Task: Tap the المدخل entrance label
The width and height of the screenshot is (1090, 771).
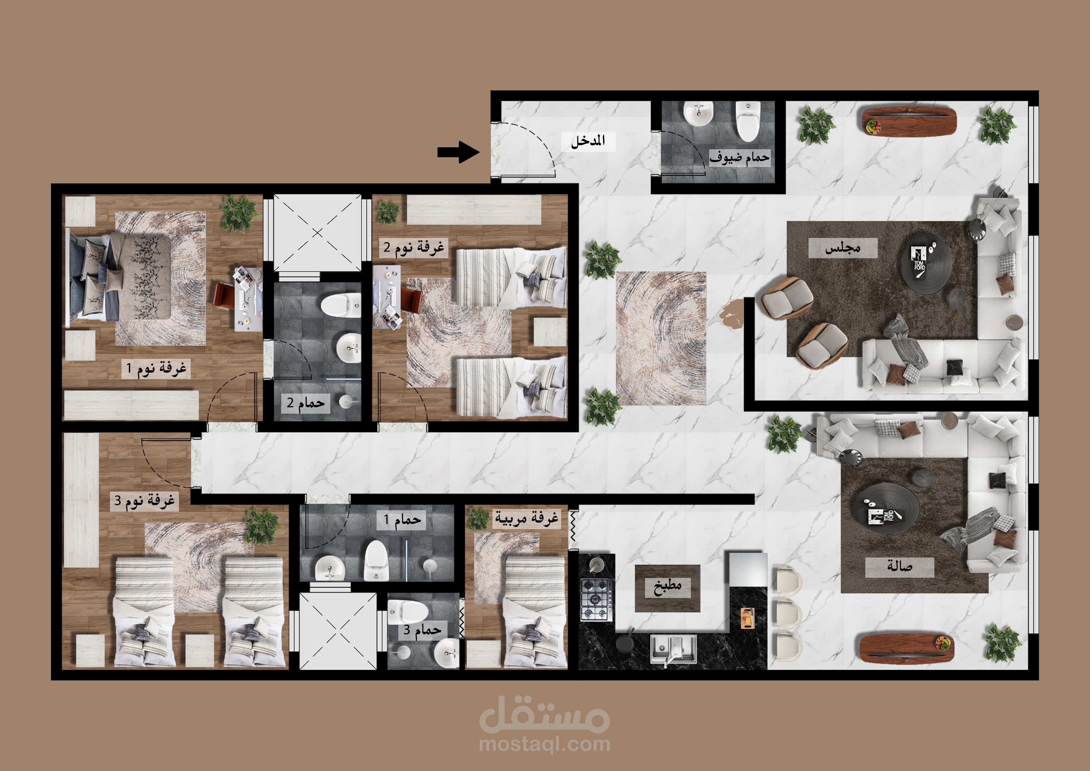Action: (588, 141)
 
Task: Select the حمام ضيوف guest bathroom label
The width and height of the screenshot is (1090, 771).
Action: (739, 157)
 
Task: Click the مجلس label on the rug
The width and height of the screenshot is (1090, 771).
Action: (843, 248)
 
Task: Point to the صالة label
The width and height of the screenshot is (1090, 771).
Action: (900, 567)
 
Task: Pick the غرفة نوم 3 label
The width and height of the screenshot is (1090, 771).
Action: (144, 501)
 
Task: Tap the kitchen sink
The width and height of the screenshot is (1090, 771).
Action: (673, 649)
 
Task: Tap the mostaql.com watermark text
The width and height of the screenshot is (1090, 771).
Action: (544, 744)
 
